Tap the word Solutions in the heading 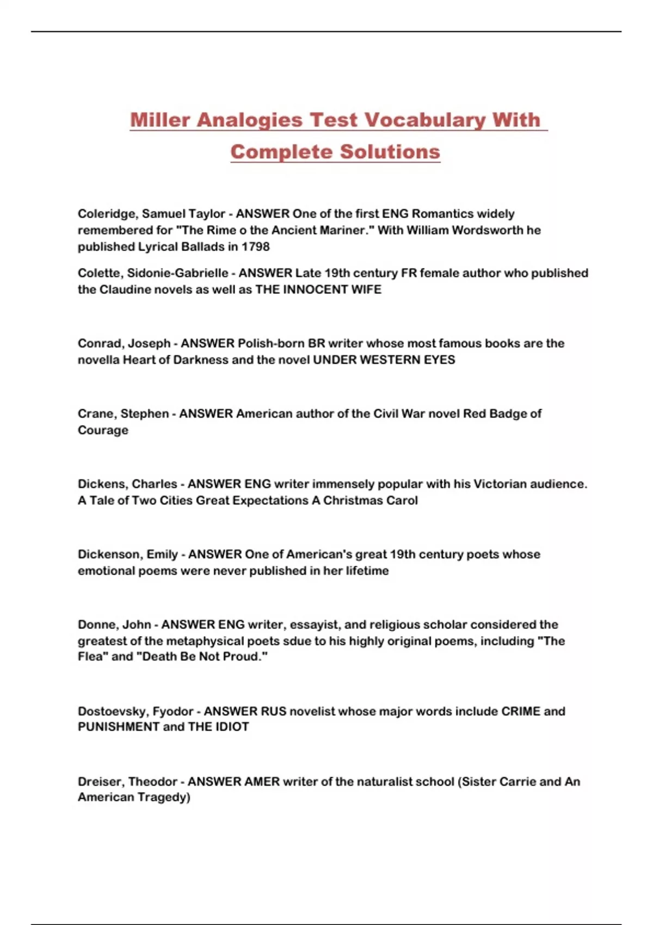click(390, 151)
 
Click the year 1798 click(256, 246)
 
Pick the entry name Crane click(96, 414)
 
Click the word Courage click(103, 430)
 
